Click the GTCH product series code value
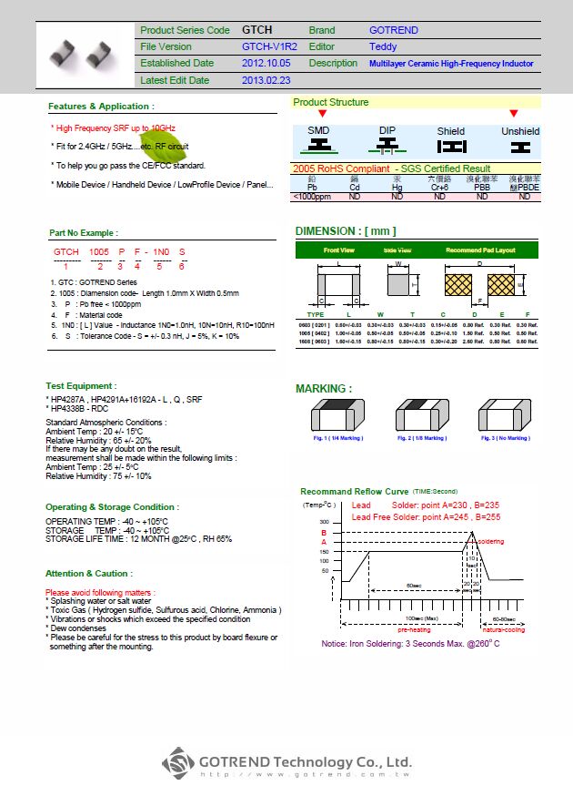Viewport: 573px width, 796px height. click(257, 30)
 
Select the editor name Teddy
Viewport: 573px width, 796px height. click(383, 46)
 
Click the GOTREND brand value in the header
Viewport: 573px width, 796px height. click(394, 30)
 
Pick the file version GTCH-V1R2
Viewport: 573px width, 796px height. click(269, 46)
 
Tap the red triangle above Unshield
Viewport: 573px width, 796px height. click(513, 114)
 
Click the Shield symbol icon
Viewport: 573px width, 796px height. click(450, 146)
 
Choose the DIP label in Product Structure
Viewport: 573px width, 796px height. click(387, 131)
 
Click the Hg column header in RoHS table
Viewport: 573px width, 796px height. click(397, 187)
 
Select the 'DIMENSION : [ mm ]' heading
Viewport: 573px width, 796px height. click(346, 230)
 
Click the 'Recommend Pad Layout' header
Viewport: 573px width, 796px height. click(480, 250)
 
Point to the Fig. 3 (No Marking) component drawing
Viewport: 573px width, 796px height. click(503, 415)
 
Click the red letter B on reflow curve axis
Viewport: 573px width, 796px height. click(323, 533)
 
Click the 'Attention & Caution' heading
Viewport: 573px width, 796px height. click(88, 574)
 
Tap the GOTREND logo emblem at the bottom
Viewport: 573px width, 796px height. click(179, 762)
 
